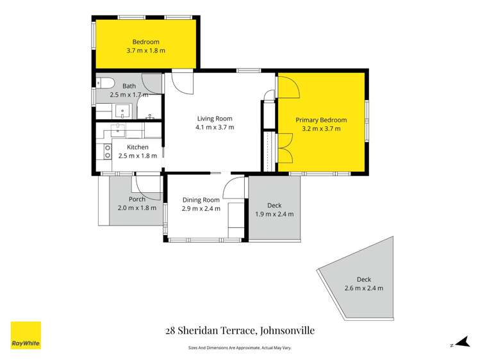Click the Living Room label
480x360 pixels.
coord(215,119)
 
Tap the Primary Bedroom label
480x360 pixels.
coord(320,120)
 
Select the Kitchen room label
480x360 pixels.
coord(137,147)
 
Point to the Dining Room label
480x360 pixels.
coord(201,200)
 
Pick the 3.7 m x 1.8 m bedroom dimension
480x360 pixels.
coord(145,51)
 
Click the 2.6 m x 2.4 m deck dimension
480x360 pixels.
coord(363,288)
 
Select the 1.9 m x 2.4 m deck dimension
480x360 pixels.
coord(274,214)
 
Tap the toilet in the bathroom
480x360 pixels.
coord(105,82)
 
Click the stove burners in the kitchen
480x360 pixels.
coord(107,151)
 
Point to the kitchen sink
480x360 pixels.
coord(119,130)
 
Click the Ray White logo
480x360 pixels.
coord(26,335)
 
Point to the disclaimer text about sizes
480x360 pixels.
coord(240,348)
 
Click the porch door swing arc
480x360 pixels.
coord(146,188)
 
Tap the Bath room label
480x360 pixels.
coord(129,86)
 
